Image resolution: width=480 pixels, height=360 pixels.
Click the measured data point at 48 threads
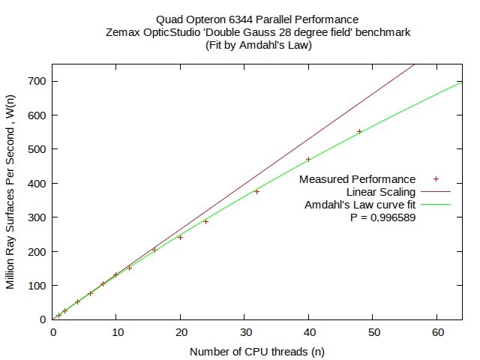pyautogui.click(x=359, y=131)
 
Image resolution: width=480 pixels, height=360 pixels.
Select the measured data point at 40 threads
pyautogui.click(x=308, y=159)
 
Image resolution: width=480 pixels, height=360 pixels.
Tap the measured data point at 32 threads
pyautogui.click(x=256, y=191)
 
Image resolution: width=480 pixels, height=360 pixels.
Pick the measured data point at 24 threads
pyautogui.click(x=205, y=221)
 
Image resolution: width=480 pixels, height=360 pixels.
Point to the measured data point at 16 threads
pyautogui.click(x=154, y=250)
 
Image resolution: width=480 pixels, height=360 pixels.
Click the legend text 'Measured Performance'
pyautogui.click(x=357, y=179)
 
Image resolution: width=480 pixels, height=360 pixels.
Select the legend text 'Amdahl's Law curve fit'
pyautogui.click(x=360, y=205)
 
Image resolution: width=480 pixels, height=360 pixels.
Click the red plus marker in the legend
pyautogui.click(x=436, y=179)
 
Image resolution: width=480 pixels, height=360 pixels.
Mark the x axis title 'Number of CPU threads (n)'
pyautogui.click(x=256, y=351)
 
